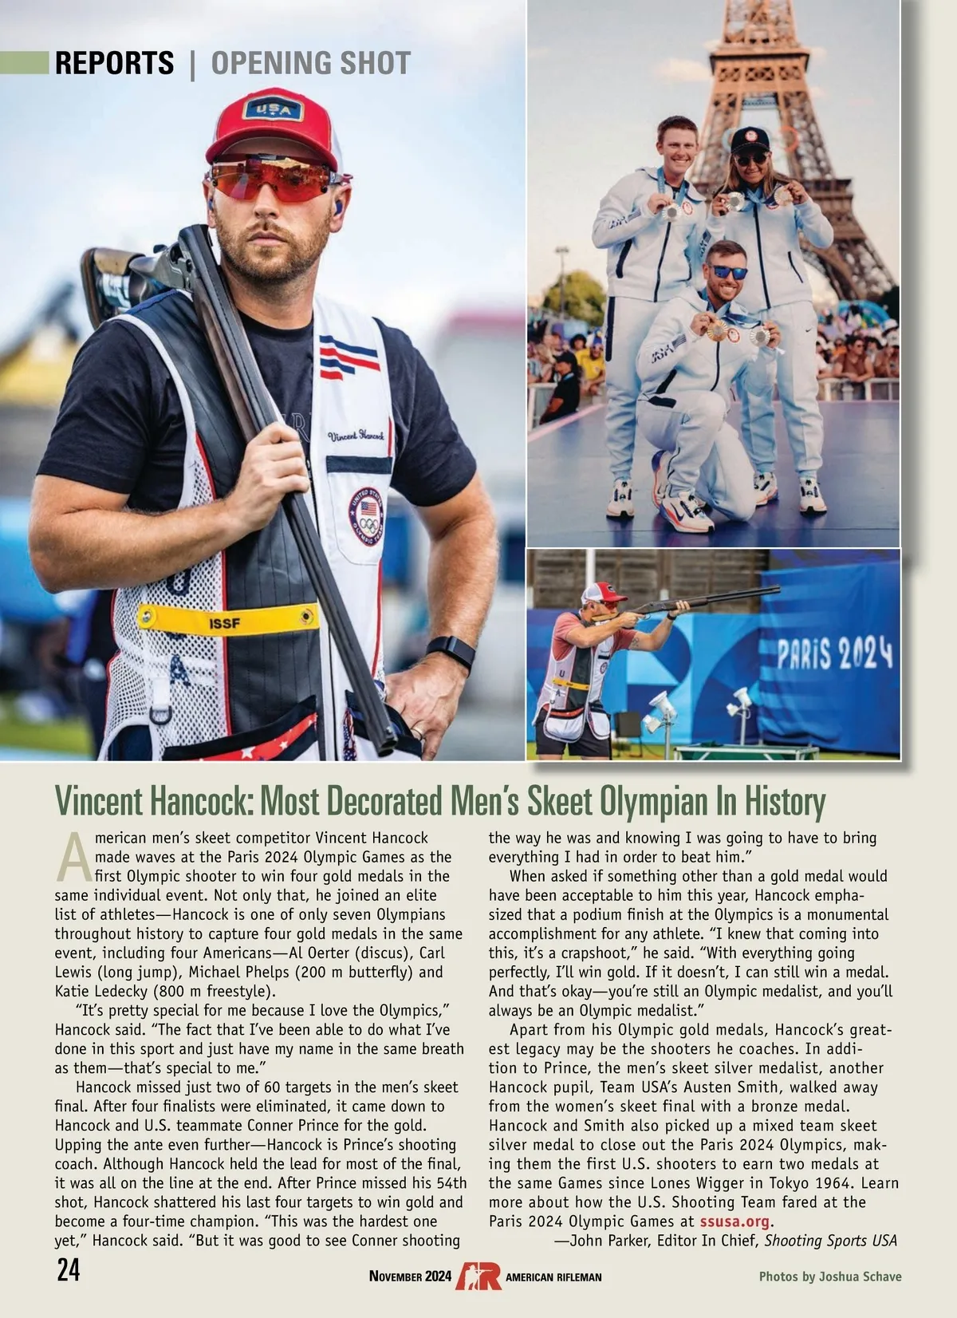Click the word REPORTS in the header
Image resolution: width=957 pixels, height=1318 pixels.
114,63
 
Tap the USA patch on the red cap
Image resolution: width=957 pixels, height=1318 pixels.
273,109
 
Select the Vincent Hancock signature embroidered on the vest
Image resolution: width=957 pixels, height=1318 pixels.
356,436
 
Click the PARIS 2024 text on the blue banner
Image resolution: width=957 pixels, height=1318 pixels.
834,653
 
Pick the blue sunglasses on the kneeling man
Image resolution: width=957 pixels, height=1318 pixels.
729,272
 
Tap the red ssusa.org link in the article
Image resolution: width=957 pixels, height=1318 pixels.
735,1221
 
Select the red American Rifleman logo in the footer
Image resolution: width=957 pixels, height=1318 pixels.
478,1276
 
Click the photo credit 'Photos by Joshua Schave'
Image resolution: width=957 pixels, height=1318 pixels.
829,1277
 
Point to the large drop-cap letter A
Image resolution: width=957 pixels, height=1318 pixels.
73,858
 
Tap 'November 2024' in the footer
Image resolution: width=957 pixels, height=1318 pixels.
410,1277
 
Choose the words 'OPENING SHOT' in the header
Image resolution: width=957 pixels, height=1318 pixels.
311,63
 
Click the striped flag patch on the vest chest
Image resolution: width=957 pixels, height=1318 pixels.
349,356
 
